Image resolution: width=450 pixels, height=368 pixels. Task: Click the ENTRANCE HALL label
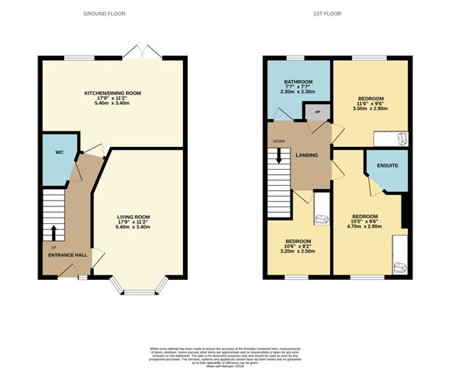68,255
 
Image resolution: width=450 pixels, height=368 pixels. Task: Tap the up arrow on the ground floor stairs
54,233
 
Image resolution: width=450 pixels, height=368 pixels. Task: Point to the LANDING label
307,155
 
